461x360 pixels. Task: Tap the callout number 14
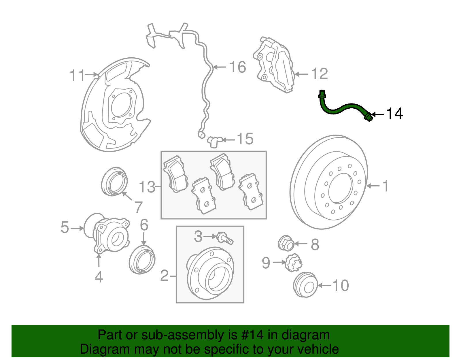[x=394, y=114]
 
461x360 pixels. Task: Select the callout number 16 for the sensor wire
[x=237, y=67]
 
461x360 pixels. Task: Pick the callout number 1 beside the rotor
[x=386, y=186]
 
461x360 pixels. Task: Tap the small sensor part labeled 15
[x=214, y=141]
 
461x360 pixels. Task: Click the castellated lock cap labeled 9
[x=294, y=263]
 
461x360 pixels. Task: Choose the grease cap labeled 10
[x=305, y=285]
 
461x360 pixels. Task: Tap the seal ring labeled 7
[x=114, y=182]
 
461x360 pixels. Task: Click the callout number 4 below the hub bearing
[x=99, y=277]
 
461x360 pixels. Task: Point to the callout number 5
[x=65, y=227]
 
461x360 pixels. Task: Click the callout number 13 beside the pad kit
[x=147, y=187]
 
